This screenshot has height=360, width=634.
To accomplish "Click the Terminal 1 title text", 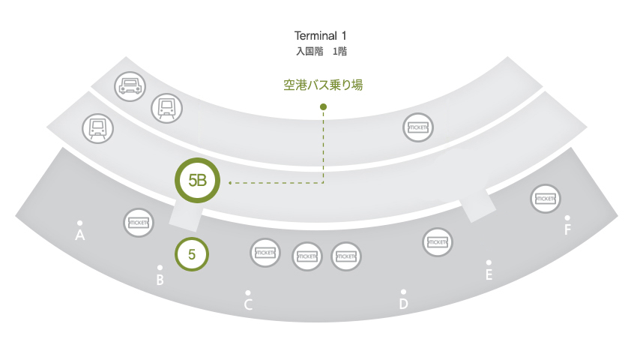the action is tap(320, 35).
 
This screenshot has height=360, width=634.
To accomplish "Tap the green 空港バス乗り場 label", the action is tap(323, 85).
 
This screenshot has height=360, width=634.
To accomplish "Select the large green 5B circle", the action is tap(197, 181).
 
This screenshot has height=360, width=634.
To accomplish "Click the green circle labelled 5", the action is tap(192, 254).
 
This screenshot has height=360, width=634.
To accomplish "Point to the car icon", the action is tap(130, 86).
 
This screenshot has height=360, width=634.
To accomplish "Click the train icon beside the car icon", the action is tap(166, 109).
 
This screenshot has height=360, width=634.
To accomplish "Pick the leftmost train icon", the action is tap(98, 128).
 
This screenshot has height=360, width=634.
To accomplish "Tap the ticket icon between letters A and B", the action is tap(139, 223).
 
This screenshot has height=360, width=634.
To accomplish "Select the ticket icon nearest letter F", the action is tap(546, 199).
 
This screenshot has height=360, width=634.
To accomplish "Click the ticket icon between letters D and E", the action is tap(438, 242).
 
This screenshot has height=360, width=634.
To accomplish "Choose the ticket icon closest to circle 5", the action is tap(265, 253).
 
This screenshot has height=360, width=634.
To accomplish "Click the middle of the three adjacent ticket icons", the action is tap(307, 256).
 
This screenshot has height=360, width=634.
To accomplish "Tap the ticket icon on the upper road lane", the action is tap(418, 127).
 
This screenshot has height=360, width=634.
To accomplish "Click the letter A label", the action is tap(80, 235).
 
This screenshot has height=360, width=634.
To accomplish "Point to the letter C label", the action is tap(248, 304).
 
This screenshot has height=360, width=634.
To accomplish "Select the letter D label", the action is tap(403, 304).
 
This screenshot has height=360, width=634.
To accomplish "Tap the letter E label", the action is tap(489, 274).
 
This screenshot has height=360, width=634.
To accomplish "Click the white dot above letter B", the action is tap(160, 268).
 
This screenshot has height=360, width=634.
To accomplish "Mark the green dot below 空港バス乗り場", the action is tap(323, 106).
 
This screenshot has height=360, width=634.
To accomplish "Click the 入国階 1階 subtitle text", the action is tap(321, 51).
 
